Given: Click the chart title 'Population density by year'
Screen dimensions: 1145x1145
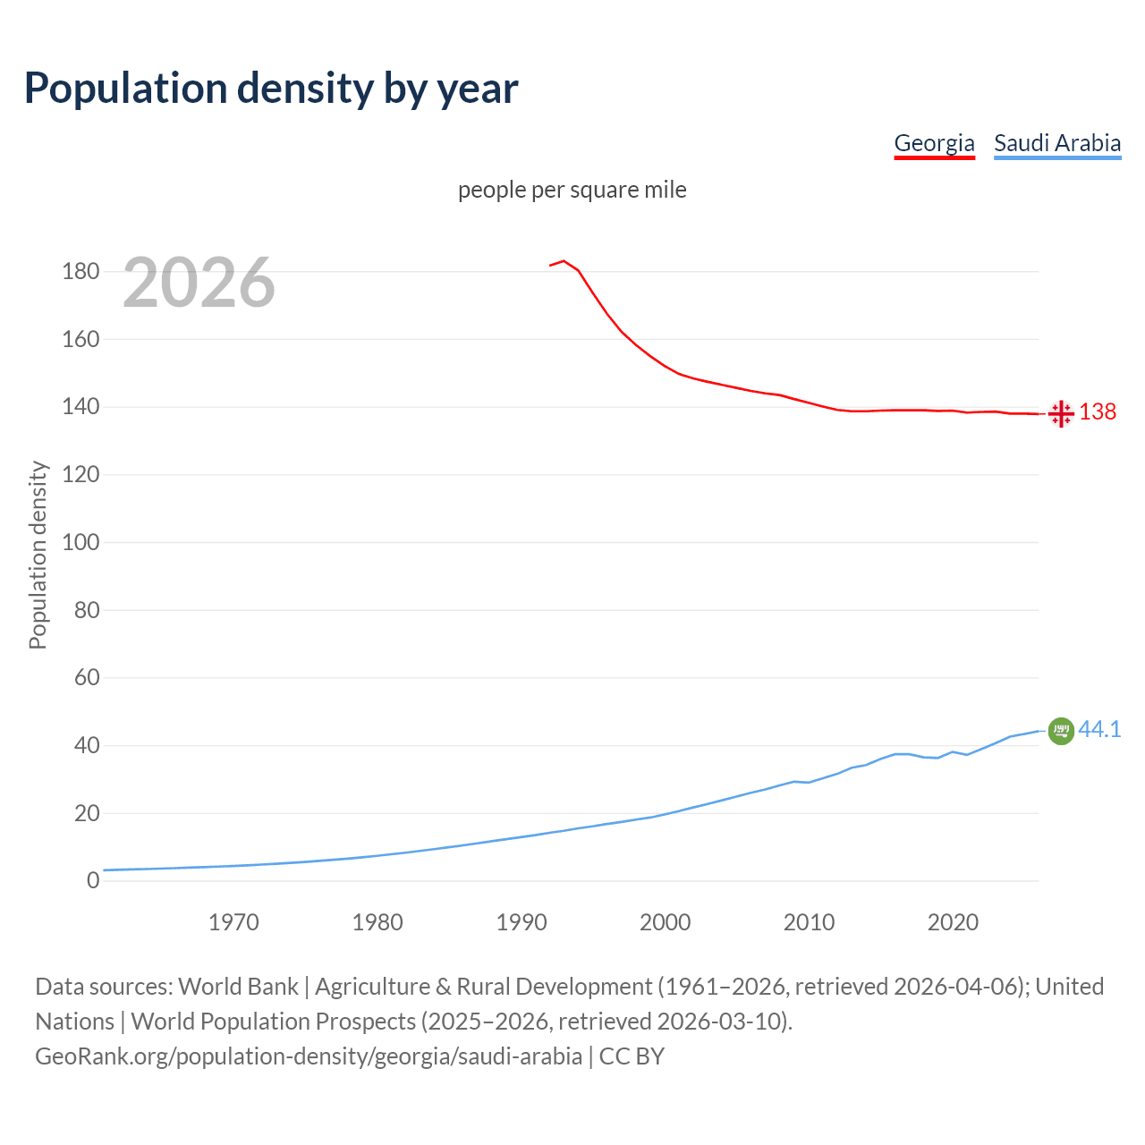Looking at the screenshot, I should click(x=271, y=89).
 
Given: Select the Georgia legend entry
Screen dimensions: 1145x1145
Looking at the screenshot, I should click(x=934, y=143).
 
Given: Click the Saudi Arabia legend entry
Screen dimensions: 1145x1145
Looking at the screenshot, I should click(x=1056, y=143).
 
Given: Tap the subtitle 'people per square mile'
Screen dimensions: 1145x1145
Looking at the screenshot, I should click(x=572, y=191).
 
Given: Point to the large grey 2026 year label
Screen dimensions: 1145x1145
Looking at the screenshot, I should click(x=199, y=283).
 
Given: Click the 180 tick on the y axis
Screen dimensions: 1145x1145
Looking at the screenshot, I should click(x=81, y=272).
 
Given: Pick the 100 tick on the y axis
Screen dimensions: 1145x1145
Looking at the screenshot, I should click(x=81, y=543).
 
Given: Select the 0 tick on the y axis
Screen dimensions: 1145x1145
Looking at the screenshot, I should click(x=93, y=881).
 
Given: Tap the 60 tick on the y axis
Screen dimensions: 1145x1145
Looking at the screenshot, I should click(x=87, y=678).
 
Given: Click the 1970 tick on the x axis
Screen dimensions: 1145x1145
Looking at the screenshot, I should click(x=233, y=922).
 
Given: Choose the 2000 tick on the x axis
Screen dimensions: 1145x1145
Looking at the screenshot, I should click(x=665, y=922).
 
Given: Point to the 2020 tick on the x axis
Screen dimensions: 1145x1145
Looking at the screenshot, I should click(x=953, y=922).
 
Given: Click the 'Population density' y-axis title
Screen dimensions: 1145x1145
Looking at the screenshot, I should click(x=38, y=555).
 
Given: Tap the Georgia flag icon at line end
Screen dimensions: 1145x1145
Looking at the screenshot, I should click(x=1061, y=413).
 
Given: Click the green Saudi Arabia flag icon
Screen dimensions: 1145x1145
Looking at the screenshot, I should click(x=1061, y=731).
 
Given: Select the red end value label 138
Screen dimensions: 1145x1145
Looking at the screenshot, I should click(x=1098, y=411).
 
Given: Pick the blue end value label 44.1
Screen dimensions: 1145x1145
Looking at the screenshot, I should click(x=1099, y=730).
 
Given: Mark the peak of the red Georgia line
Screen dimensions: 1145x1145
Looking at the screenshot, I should click(x=564, y=261).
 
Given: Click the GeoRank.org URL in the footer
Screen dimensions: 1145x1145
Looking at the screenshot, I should click(x=309, y=1056).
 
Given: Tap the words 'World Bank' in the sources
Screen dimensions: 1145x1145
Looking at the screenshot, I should click(x=238, y=987).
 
